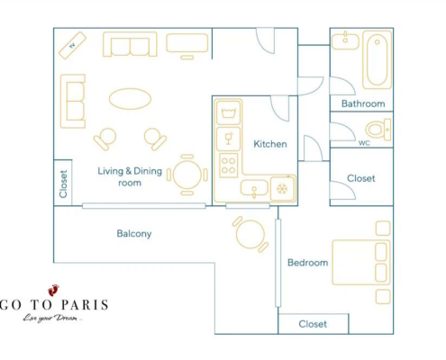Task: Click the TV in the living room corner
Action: pos(72,46)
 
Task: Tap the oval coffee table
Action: pos(130,99)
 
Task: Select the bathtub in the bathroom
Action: pos(377,59)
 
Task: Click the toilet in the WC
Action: pos(378,130)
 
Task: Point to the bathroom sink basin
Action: pos(345,41)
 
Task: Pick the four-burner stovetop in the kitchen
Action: pos(228,166)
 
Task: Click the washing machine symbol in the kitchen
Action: pos(228,112)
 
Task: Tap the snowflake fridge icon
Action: pos(282,189)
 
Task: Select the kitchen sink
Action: pos(254,189)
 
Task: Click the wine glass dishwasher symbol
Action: pos(228,139)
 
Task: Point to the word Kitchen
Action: pos(270,144)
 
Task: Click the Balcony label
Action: pos(134,234)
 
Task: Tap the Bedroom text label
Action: pos(307,263)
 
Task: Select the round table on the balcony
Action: pos(250,234)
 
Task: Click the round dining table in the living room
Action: pos(187,175)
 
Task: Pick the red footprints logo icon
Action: pos(53,290)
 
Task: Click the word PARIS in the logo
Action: pos(85,305)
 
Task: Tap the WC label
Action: pos(364,143)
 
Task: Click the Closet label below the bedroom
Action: pos(313,324)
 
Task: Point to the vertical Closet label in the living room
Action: pos(63,184)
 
